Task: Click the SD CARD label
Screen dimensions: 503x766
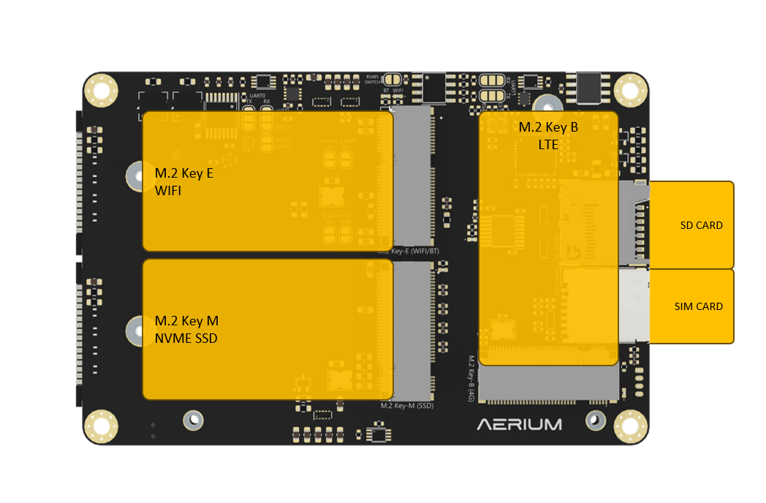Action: (701, 225)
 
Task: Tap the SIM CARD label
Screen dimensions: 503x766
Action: (698, 306)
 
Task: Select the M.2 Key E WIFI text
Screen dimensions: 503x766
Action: (184, 182)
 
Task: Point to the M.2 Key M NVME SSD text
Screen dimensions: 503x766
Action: (186, 330)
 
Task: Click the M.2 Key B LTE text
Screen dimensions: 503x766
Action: (548, 136)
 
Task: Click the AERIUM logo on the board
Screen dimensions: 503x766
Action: (520, 424)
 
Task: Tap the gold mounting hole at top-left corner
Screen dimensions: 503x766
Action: (101, 91)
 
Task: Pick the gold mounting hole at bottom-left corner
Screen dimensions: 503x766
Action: (101, 426)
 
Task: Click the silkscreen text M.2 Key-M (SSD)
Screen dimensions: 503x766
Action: (408, 405)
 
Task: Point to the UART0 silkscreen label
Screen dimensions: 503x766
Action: (257, 96)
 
